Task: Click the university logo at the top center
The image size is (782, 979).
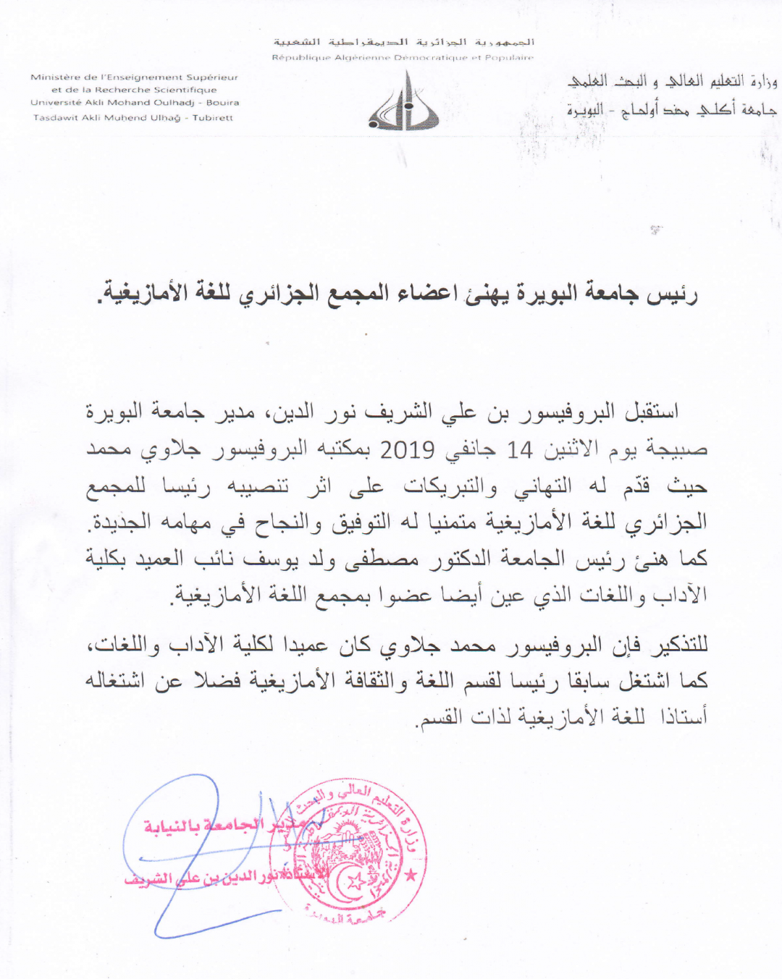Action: [x=403, y=102]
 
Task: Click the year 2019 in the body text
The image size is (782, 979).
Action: [x=407, y=449]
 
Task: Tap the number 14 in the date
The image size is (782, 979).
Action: [x=519, y=450]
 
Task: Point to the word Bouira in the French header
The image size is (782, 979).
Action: [x=222, y=103]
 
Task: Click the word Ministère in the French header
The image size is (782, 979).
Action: [x=54, y=77]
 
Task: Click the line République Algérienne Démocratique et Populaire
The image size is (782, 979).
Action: [x=403, y=57]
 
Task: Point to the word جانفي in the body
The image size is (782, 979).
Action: [x=471, y=450]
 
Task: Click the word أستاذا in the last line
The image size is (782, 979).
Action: [x=684, y=716]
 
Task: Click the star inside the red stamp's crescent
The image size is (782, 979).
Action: [x=356, y=882]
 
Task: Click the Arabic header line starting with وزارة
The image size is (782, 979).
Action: [x=672, y=82]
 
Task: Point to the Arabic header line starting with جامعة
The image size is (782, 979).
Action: [x=672, y=110]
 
